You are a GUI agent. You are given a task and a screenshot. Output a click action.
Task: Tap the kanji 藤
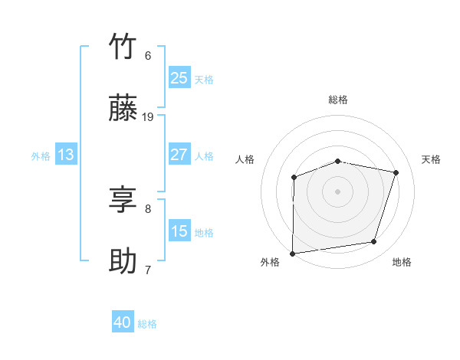pyautogui.click(x=123, y=109)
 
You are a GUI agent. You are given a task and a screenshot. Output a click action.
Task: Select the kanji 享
pyautogui.click(x=123, y=200)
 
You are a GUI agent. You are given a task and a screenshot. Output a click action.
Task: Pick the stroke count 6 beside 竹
pyautogui.click(x=148, y=55)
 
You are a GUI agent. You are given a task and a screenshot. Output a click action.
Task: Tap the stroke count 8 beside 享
pyautogui.click(x=148, y=208)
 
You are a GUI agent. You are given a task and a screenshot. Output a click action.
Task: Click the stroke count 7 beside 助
pyautogui.click(x=148, y=270)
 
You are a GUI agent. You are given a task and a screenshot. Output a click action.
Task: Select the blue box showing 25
pyautogui.click(x=179, y=78)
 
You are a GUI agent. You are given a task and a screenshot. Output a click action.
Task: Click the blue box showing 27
pyautogui.click(x=179, y=155)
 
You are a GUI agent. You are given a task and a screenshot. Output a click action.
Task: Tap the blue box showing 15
pyautogui.click(x=179, y=231)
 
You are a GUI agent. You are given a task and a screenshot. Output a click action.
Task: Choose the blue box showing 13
pyautogui.click(x=66, y=155)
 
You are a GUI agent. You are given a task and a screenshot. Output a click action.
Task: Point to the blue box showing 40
pyautogui.click(x=123, y=322)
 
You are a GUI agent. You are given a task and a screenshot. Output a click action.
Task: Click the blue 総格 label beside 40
pyautogui.click(x=147, y=324)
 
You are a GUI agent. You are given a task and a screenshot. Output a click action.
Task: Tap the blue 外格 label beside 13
pyautogui.click(x=41, y=156)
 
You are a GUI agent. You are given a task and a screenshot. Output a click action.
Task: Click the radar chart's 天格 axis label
pyautogui.click(x=431, y=159)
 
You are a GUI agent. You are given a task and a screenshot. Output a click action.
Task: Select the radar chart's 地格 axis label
pyautogui.click(x=402, y=262)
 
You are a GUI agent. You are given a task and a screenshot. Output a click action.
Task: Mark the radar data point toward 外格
pyautogui.click(x=293, y=254)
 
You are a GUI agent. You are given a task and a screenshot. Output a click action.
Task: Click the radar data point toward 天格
pyautogui.click(x=396, y=173)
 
